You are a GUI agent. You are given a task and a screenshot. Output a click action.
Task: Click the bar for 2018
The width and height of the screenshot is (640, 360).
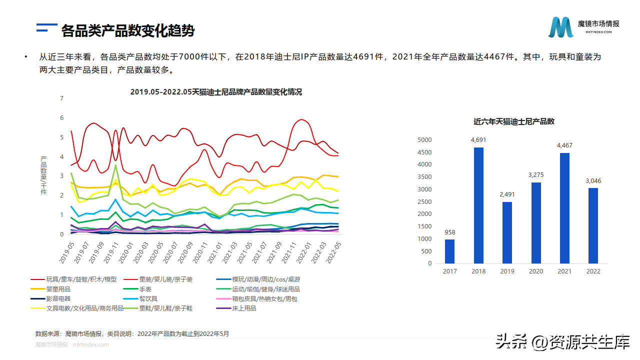pyautogui.click(x=478, y=205)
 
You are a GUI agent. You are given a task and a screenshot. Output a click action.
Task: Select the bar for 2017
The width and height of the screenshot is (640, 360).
pyautogui.click(x=450, y=251)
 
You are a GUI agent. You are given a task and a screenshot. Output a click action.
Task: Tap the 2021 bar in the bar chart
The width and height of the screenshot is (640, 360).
pyautogui.click(x=564, y=208)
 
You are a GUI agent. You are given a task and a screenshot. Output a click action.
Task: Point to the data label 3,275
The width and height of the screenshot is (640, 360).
pyautogui.click(x=535, y=175)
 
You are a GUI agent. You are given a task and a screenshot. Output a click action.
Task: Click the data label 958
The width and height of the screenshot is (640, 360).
pyautogui.click(x=450, y=232)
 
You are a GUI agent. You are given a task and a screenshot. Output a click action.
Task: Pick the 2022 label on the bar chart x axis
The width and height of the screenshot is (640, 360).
pyautogui.click(x=593, y=271)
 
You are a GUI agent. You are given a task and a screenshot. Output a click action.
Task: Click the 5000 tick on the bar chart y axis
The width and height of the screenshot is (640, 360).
pyautogui.click(x=424, y=139)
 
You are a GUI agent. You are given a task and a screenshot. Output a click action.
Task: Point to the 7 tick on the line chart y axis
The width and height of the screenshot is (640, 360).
pyautogui.click(x=61, y=98)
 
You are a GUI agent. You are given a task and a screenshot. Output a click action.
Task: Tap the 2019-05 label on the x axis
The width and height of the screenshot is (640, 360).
pyautogui.click(x=67, y=252)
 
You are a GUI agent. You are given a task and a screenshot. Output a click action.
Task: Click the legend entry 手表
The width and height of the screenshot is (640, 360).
pyautogui.click(x=145, y=289)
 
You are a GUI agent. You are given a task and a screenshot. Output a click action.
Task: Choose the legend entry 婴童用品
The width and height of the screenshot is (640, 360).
pyautogui.click(x=58, y=289)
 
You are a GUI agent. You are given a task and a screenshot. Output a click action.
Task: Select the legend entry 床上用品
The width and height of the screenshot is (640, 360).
pyautogui.click(x=244, y=308)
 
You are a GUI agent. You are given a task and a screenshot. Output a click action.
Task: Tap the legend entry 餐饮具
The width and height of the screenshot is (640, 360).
pyautogui.click(x=148, y=298)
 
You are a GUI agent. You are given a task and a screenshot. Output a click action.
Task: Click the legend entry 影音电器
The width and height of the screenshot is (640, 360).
pyautogui.click(x=58, y=298)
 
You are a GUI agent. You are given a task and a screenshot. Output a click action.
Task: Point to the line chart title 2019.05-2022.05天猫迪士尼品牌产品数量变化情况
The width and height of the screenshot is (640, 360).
pyautogui.click(x=216, y=92)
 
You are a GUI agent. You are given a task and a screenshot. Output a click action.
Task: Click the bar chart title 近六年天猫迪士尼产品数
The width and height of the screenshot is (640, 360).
pyautogui.click(x=514, y=121)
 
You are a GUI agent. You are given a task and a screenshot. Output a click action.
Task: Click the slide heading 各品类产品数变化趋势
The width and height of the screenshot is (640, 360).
pyautogui.click(x=127, y=31)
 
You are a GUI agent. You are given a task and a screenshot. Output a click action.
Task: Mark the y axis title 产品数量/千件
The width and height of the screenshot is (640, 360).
pyautogui.click(x=43, y=175)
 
